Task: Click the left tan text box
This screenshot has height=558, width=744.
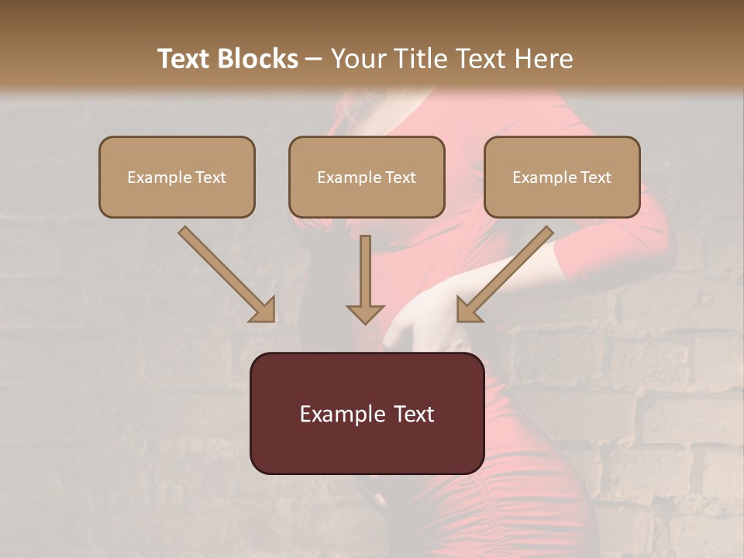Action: [x=177, y=177]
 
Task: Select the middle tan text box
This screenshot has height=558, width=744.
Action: [x=367, y=177]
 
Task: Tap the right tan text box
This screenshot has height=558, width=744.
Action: [x=562, y=177]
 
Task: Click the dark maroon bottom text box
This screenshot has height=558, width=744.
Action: [x=367, y=413]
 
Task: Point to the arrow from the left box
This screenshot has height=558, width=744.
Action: [x=225, y=273]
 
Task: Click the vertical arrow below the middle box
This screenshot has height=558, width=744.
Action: [x=365, y=279]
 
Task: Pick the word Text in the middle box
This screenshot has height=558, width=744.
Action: [x=401, y=177]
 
